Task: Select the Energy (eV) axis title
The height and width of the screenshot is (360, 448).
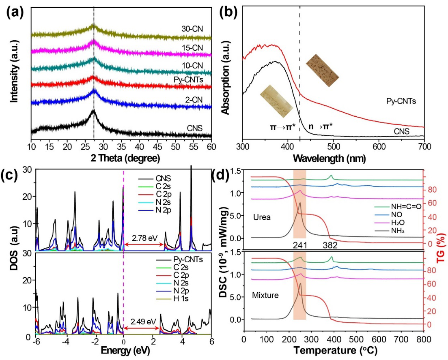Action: tap(123, 349)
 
